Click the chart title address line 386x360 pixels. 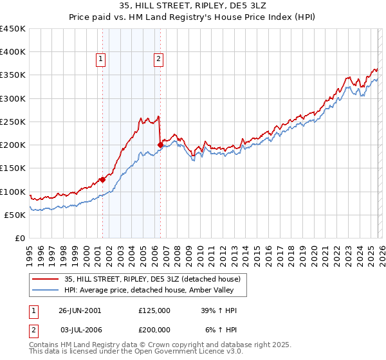pyautogui.click(x=192, y=4)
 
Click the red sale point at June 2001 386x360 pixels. pyautogui.click(x=102, y=180)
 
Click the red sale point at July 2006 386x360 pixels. pyautogui.click(x=160, y=145)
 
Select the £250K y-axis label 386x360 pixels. pyautogui.click(x=13, y=122)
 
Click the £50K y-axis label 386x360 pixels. pyautogui.click(x=15, y=215)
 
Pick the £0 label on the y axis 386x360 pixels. pyautogui.click(x=20, y=238)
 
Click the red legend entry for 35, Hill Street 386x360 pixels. pyautogui.click(x=152, y=279)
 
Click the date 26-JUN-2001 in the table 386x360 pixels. pyautogui.click(x=80, y=310)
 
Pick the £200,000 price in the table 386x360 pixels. pyautogui.click(x=154, y=328)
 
